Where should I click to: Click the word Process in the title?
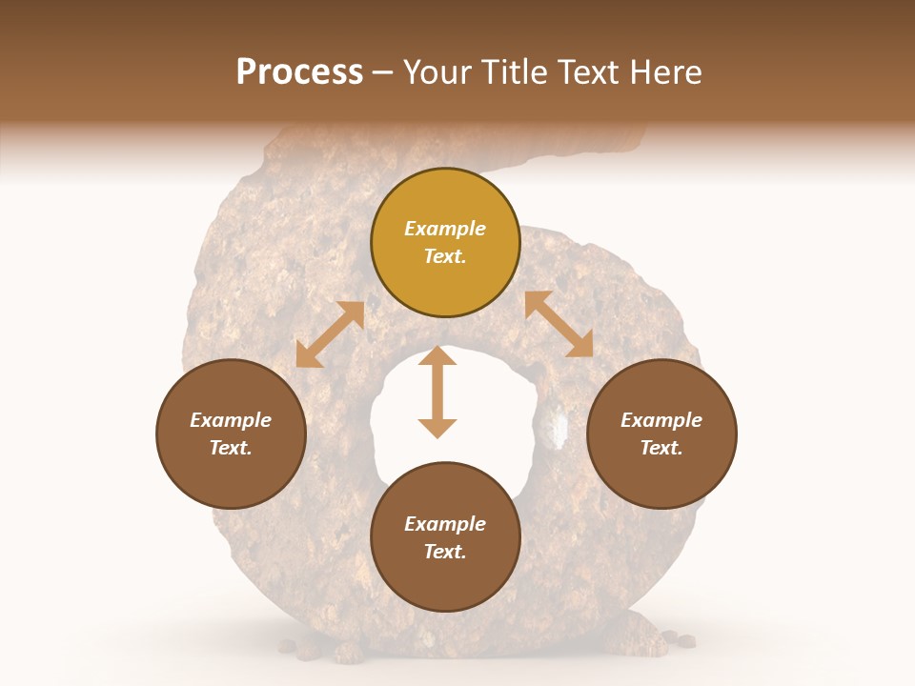[x=299, y=72]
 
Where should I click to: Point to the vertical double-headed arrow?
[x=437, y=392]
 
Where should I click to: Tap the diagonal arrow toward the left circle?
[x=330, y=334]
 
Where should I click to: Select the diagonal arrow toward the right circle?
[x=559, y=324]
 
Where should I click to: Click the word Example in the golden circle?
[x=445, y=229]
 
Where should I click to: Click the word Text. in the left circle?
[x=231, y=448]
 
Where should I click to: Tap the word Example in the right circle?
[x=661, y=420]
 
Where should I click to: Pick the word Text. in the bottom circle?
[x=445, y=552]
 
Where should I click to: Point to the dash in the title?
[x=383, y=73]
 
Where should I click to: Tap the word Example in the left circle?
[x=231, y=420]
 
